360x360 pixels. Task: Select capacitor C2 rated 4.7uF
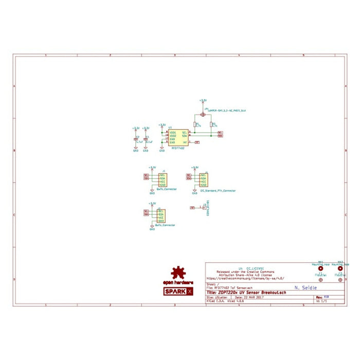(136, 139)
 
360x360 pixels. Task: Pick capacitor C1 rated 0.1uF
(146, 139)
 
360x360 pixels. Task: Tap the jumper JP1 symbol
(203, 115)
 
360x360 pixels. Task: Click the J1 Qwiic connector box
(161, 180)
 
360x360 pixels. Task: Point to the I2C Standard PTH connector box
(204, 180)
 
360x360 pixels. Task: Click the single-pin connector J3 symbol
(203, 207)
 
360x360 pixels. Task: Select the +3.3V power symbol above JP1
(203, 101)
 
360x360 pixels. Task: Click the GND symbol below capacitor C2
(136, 149)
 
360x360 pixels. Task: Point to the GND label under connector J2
(152, 228)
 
